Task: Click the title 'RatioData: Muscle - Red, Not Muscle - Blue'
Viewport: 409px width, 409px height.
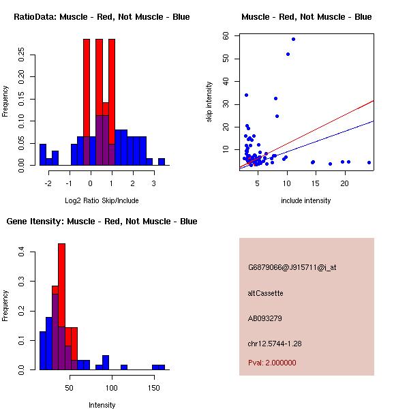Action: click(102, 16)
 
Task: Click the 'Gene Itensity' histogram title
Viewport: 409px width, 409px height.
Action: click(102, 222)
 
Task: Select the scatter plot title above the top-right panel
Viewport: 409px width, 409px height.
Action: click(306, 16)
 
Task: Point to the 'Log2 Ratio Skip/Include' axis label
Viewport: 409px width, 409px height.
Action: click(102, 200)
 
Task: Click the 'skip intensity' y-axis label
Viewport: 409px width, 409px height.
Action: click(209, 102)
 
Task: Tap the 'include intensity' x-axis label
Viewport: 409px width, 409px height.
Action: click(306, 200)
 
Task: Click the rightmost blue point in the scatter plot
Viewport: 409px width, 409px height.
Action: click(369, 162)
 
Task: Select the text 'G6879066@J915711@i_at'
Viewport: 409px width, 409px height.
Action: click(292, 267)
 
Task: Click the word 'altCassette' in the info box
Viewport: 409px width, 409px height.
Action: click(265, 293)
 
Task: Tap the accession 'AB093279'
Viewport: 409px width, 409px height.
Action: click(265, 318)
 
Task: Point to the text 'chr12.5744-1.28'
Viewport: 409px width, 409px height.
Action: click(275, 344)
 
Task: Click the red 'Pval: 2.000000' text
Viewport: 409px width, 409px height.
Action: click(272, 363)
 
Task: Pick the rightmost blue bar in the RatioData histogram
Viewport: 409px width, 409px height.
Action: click(162, 162)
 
